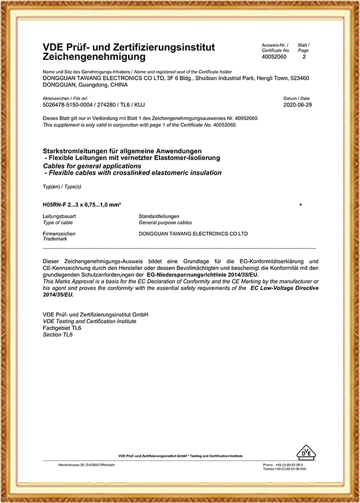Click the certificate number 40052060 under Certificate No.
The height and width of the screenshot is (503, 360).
pyautogui.click(x=274, y=57)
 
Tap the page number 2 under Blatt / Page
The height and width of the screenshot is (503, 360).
pyautogui.click(x=304, y=57)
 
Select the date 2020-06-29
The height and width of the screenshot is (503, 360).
pyautogui.click(x=297, y=104)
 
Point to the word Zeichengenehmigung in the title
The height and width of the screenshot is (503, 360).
pyautogui.click(x=94, y=57)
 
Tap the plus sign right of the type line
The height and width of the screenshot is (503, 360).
pyautogui.click(x=301, y=204)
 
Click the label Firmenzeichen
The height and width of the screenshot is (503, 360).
pyautogui.click(x=59, y=234)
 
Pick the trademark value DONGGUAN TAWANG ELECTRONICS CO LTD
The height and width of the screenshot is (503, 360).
pyautogui.click(x=194, y=234)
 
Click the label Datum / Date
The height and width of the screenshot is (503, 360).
pyautogui.click(x=297, y=98)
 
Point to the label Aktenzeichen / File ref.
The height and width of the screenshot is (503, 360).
pyautogui.click(x=65, y=98)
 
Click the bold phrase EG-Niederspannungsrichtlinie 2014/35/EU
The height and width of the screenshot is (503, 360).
pyautogui.click(x=203, y=273)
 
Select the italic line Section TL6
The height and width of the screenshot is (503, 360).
pyautogui.click(x=58, y=334)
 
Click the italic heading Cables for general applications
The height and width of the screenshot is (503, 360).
pyautogui.click(x=92, y=165)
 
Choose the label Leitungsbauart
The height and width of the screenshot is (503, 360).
pyautogui.click(x=59, y=217)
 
